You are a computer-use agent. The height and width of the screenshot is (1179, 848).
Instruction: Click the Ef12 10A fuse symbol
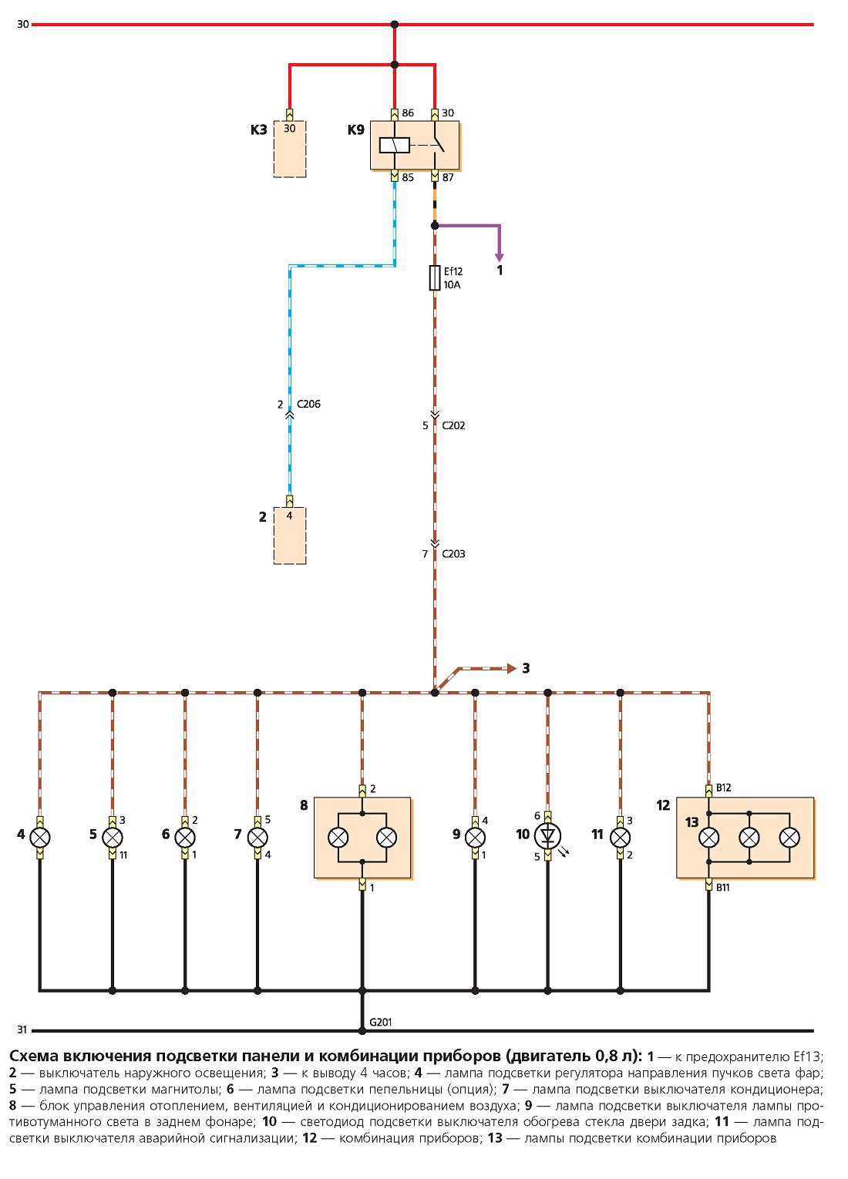point(435,278)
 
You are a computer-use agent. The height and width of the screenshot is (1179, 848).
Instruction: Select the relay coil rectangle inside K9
point(395,146)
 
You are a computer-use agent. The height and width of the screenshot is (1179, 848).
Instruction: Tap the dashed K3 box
point(290,149)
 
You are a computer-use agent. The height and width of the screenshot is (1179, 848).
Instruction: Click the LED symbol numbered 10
point(548,835)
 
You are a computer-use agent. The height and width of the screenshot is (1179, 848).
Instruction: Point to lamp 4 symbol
point(40,837)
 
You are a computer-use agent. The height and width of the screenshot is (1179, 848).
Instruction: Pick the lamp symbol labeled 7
point(257,837)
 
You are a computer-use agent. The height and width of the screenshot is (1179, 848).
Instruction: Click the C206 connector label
point(308,404)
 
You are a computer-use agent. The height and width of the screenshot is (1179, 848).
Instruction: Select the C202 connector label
point(453,425)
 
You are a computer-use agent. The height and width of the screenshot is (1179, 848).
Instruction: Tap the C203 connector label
point(453,554)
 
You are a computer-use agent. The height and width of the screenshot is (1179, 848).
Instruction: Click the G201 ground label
point(380,1022)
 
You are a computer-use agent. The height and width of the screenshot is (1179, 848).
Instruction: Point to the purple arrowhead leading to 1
point(500,257)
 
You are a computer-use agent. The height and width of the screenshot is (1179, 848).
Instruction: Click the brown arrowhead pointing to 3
point(511,668)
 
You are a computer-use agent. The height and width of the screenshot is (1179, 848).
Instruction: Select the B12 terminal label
point(723,788)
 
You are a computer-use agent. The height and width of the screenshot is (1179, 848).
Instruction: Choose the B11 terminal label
point(722,888)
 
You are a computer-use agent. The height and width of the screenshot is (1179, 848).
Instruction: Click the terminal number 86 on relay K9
point(408,113)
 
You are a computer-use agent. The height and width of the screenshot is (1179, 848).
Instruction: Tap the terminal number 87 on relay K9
point(448,177)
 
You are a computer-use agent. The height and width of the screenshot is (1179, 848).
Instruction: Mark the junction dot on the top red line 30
point(395,24)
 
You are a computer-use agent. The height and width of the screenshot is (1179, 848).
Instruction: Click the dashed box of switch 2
point(290,536)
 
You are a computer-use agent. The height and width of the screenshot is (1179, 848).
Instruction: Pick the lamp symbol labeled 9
point(475,837)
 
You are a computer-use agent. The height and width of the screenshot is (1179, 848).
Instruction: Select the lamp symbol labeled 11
point(621,837)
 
